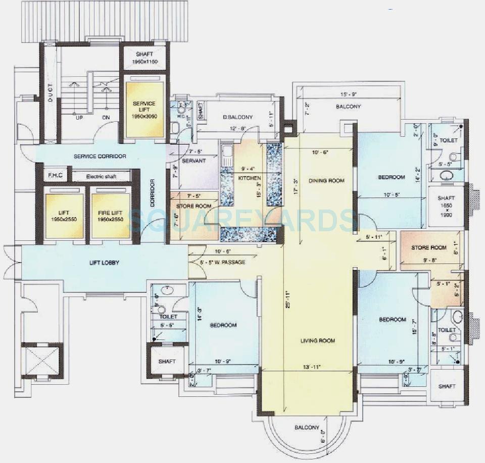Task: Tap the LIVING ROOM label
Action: (317, 341)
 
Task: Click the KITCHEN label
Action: (250, 178)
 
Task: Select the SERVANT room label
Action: (193, 161)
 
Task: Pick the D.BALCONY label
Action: (238, 117)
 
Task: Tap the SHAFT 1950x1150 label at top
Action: (144, 58)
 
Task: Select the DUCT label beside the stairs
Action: (51, 92)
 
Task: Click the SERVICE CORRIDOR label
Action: (100, 157)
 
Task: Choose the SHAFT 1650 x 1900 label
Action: (446, 206)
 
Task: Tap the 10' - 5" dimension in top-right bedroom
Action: (392, 195)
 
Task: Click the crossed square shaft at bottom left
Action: (42, 360)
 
